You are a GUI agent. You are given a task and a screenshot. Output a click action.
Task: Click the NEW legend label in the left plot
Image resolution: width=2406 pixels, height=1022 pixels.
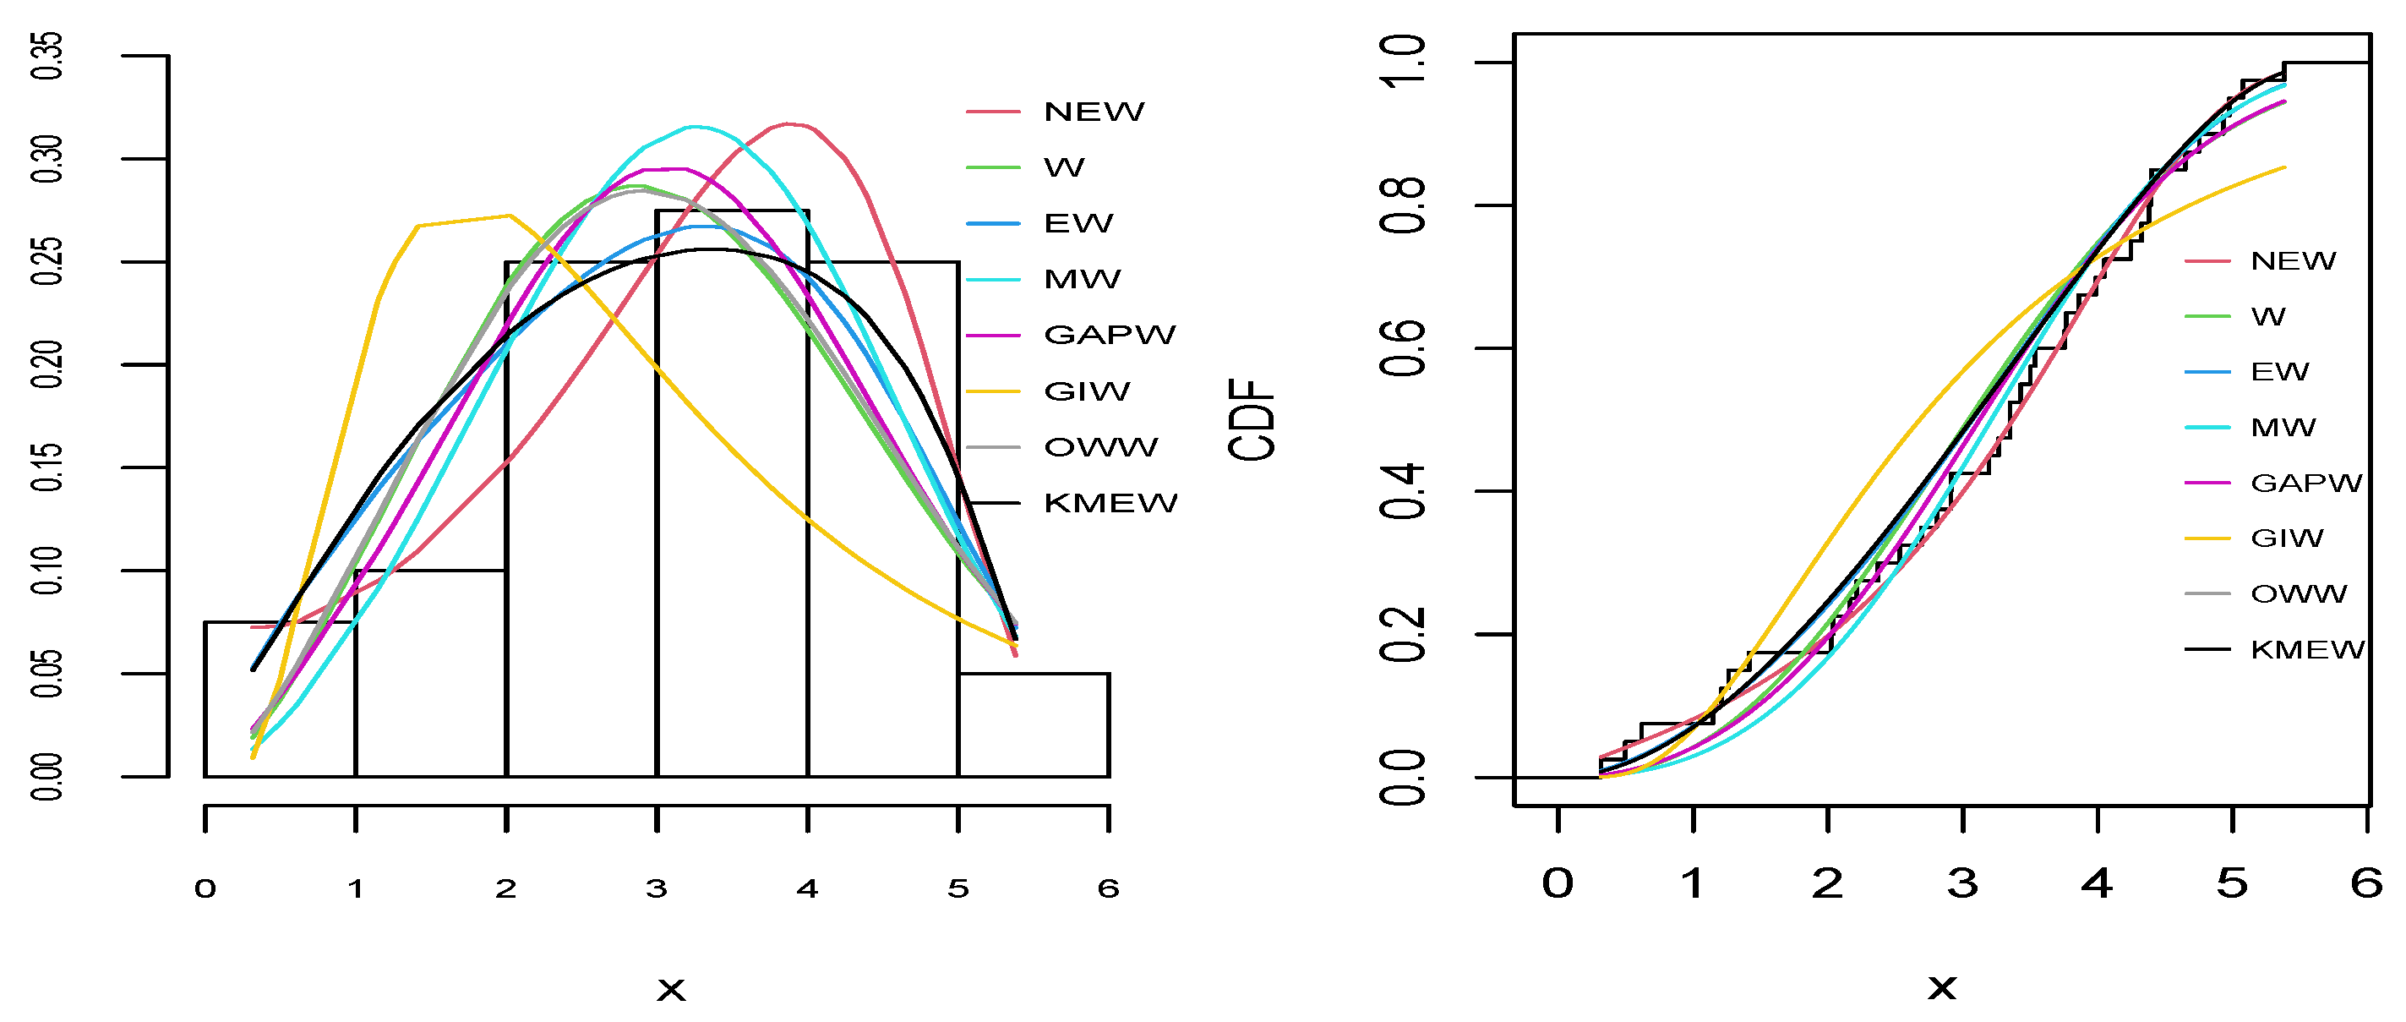(x=1093, y=112)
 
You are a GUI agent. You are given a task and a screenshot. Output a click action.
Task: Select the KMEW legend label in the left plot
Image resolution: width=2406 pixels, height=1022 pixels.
(x=1110, y=504)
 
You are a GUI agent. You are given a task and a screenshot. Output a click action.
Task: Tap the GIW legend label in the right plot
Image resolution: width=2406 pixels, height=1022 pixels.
(x=2287, y=538)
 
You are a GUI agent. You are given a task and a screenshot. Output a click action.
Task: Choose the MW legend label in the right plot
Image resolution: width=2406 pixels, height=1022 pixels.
(x=2283, y=428)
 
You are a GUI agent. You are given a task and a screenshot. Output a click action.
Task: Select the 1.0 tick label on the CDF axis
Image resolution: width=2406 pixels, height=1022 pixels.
(x=1403, y=62)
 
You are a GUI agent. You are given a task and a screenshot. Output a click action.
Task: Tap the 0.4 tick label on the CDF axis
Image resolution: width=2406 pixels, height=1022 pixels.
(x=1403, y=491)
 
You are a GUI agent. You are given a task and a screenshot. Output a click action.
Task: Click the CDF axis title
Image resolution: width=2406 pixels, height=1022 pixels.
(x=1252, y=419)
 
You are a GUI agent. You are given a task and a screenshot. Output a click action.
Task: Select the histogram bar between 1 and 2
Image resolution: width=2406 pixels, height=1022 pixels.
(x=430, y=673)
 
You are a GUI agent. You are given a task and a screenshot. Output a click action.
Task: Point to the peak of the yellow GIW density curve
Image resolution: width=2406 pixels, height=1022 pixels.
(x=509, y=216)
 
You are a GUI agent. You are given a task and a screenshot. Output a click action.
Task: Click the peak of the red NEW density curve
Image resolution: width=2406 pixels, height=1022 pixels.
(x=789, y=123)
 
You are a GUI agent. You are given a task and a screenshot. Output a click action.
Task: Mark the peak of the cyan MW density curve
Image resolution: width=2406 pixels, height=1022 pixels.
(x=694, y=126)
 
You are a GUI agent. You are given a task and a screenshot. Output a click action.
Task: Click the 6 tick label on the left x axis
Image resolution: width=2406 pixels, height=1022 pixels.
(x=1108, y=888)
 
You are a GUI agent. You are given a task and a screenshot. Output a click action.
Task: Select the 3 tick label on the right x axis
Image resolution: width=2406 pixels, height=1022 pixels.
(x=1962, y=883)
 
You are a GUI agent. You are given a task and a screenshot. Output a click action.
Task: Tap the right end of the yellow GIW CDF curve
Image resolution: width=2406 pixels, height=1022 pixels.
(x=2283, y=167)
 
